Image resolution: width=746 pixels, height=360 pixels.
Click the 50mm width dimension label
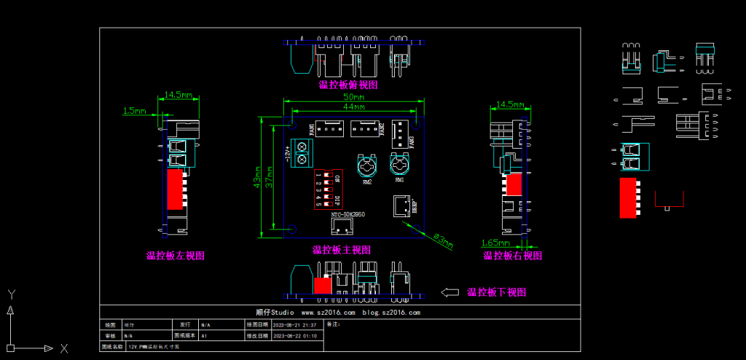tap(354, 97)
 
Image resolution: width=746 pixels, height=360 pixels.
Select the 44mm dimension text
tap(354, 107)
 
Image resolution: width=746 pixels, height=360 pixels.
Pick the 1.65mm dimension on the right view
tap(495, 241)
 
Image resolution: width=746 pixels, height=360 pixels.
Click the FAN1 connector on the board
tap(331, 130)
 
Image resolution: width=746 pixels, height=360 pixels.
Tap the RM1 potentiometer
tap(399, 164)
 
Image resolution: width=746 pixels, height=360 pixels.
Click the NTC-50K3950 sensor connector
tap(341, 225)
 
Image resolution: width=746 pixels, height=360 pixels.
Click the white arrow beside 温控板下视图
tap(449, 292)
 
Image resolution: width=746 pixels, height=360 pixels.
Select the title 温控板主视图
tap(342, 250)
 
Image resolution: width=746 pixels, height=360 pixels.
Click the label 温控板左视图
tap(175, 256)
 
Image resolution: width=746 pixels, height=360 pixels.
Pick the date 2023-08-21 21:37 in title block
tap(294, 324)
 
